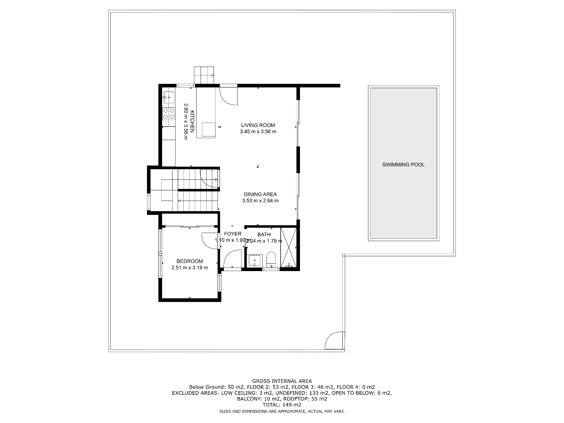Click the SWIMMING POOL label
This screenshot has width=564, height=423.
pyautogui.click(x=403, y=165)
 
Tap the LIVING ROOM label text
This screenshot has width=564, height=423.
pyautogui.click(x=258, y=125)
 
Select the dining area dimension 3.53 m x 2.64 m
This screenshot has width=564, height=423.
pyautogui.click(x=260, y=201)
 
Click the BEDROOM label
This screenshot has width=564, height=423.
pyautogui.click(x=190, y=261)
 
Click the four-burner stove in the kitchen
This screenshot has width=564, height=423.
pyautogui.click(x=168, y=113)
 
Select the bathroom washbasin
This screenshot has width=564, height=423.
pyautogui.click(x=254, y=261)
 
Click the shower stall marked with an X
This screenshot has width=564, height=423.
pyautogui.click(x=289, y=248)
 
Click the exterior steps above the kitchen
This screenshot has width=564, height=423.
pyautogui.click(x=204, y=75)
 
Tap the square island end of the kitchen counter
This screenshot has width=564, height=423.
pyautogui.click(x=208, y=129)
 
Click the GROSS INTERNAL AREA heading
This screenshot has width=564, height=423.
pyautogui.click(x=282, y=381)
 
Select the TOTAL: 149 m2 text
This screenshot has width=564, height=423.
pyautogui.click(x=282, y=405)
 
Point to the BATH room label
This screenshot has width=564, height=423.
pyautogui.click(x=264, y=234)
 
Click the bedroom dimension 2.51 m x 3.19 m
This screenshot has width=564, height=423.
pyautogui.click(x=190, y=268)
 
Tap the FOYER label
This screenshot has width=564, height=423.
pyautogui.click(x=233, y=234)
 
